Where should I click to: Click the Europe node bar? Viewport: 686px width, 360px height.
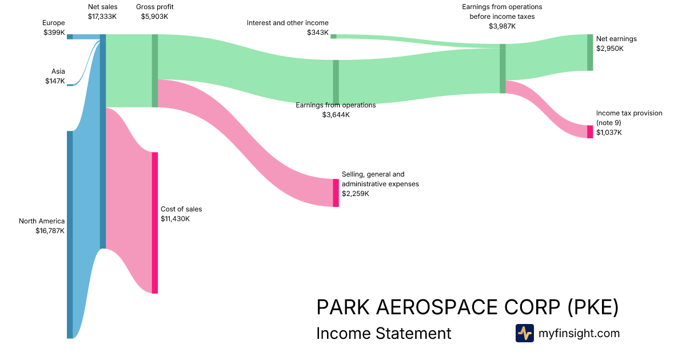pyautogui.click(x=70, y=37)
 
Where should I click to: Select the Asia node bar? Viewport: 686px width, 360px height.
pyautogui.click(x=70, y=85)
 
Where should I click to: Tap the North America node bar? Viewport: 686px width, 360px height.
pyautogui.click(x=70, y=234)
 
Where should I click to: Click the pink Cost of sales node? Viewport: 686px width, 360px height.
pyautogui.click(x=154, y=223)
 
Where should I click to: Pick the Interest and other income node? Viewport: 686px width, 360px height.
pyautogui.click(x=333, y=36)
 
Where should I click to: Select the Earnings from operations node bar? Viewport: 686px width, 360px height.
pyautogui.click(x=336, y=81)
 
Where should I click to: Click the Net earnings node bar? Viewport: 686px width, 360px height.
pyautogui.click(x=590, y=52)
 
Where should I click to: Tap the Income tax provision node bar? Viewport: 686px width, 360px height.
pyautogui.click(x=590, y=131)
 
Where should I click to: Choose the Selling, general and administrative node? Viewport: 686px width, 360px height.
pyautogui.click(x=336, y=193)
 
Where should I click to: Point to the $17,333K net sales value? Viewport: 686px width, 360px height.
pyautogui.click(x=102, y=17)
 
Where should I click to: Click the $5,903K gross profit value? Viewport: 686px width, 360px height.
pyautogui.click(x=154, y=17)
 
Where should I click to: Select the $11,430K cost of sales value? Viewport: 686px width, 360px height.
pyautogui.click(x=175, y=219)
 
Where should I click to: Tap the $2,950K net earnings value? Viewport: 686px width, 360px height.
pyautogui.click(x=609, y=49)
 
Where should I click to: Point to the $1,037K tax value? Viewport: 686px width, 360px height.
pyautogui.click(x=608, y=133)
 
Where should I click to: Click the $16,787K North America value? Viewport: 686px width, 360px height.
pyautogui.click(x=50, y=231)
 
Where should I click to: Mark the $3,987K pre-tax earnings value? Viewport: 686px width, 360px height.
pyautogui.click(x=502, y=26)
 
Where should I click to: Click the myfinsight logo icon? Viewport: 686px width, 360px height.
pyautogui.click(x=524, y=333)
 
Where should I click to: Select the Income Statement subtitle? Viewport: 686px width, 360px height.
pyautogui.click(x=384, y=333)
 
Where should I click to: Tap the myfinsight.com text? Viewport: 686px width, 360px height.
pyautogui.click(x=579, y=333)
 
